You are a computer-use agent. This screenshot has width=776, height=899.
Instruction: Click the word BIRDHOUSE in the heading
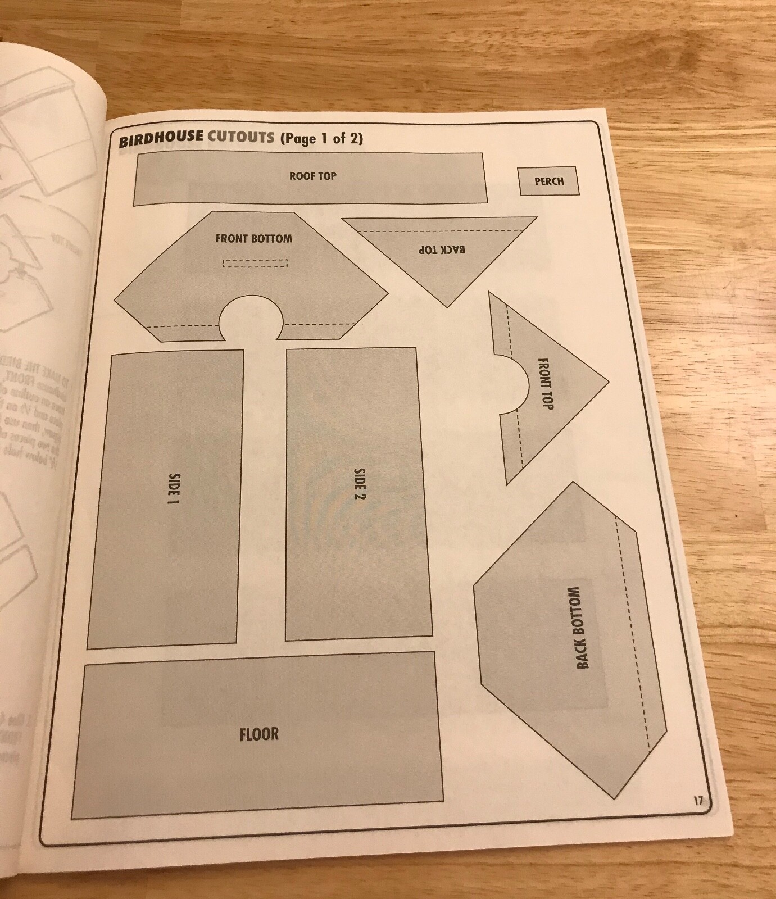coord(161,140)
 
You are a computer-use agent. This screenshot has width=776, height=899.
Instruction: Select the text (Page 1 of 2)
coord(321,138)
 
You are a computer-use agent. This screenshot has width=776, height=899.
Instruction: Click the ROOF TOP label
coord(313,176)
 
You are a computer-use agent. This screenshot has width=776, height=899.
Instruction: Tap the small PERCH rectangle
coord(549,181)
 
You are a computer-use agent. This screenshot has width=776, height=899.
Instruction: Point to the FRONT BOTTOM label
coord(254,238)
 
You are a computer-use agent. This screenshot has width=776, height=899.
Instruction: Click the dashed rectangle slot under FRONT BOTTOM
coord(255,263)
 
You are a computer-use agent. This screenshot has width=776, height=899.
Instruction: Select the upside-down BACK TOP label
coord(442,249)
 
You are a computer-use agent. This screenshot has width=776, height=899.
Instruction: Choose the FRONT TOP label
coord(546,383)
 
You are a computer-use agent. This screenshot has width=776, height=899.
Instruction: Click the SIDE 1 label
coord(174,491)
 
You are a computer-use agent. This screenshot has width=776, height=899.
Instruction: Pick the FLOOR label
coord(259,734)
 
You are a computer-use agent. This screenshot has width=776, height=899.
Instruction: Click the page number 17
coord(697,801)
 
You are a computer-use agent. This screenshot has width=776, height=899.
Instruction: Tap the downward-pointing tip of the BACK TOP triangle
coord(447,306)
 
